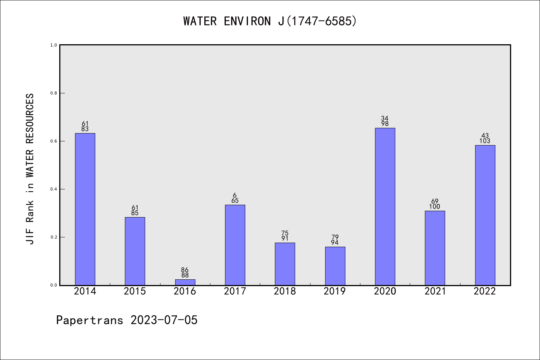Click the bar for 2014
point(85,209)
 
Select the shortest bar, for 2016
point(185,282)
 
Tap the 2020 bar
point(385,206)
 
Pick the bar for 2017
point(235,245)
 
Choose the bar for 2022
point(485,215)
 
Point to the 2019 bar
point(335,266)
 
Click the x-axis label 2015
point(135,291)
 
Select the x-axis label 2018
point(285,291)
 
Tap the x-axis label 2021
point(435,291)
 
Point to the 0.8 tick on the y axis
point(54,93)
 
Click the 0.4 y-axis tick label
point(54,189)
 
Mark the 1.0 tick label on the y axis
point(54,45)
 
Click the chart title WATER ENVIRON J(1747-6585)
point(270,21)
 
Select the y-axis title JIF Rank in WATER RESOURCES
point(30,169)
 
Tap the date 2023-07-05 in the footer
point(164,320)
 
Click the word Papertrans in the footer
point(90,320)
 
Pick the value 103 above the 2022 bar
point(485,141)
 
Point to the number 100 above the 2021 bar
point(435,207)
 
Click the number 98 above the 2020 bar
point(385,124)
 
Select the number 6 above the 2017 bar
point(235,195)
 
